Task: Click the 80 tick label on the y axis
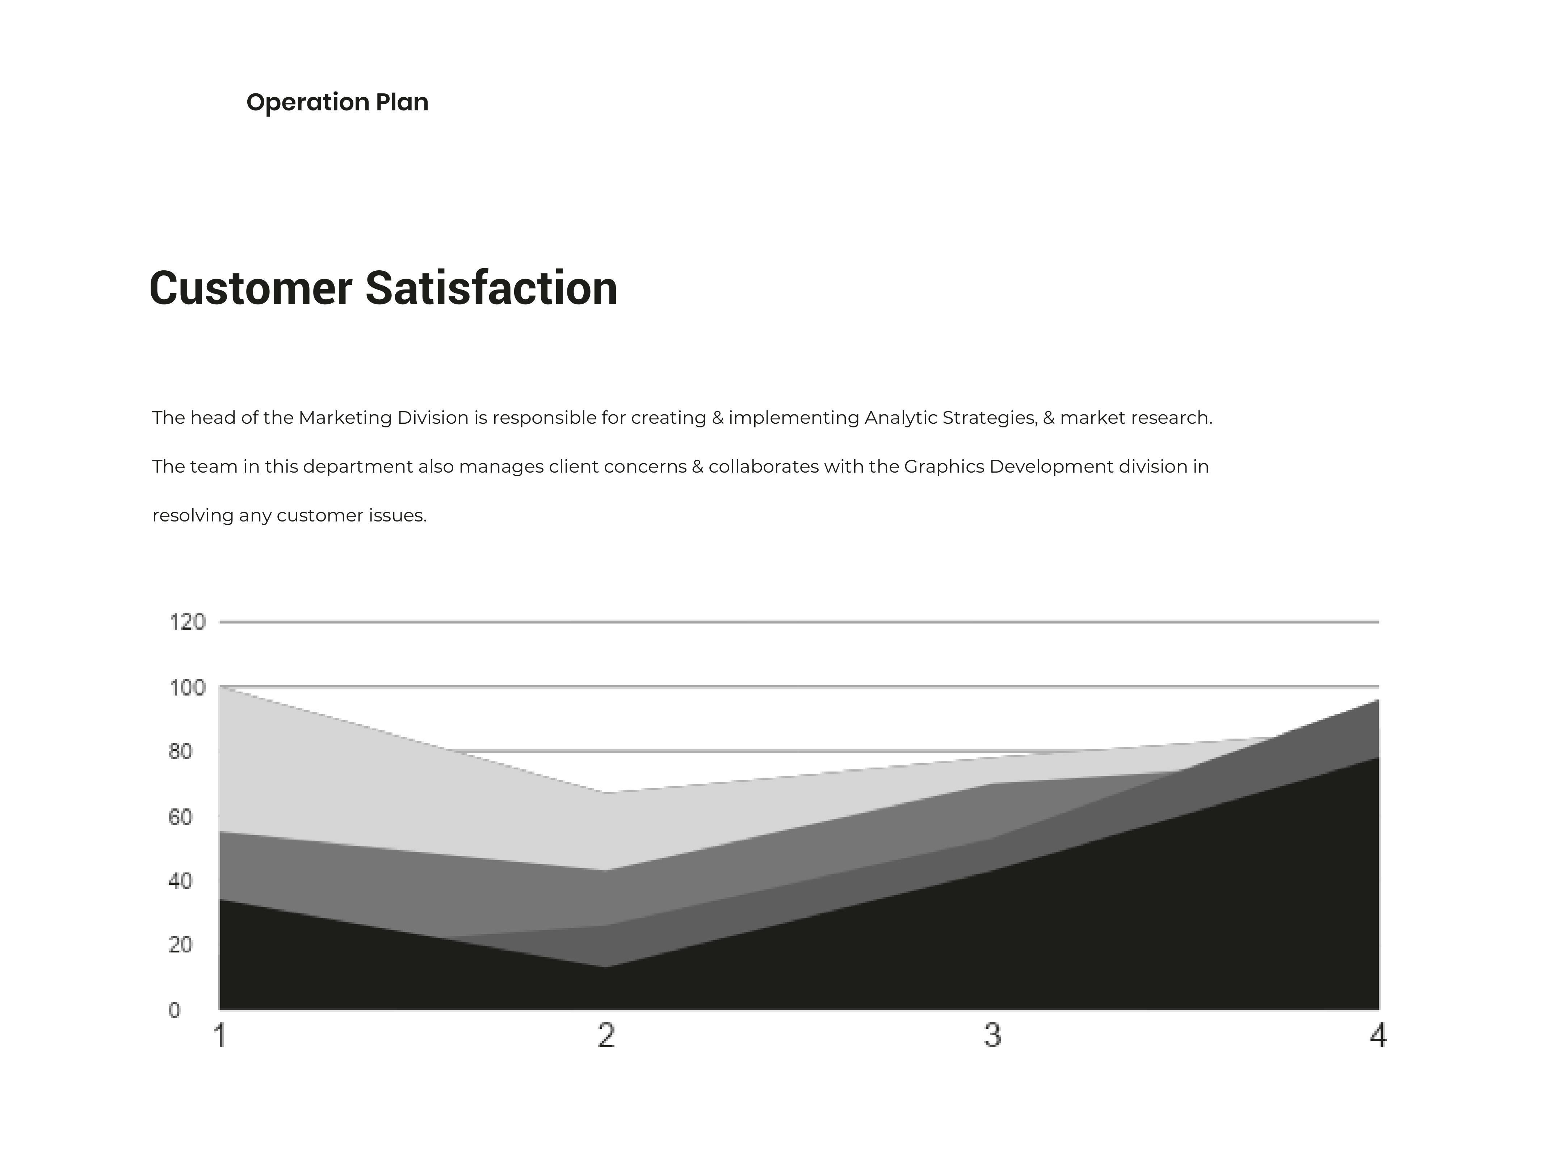180,752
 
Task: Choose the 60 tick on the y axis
180,817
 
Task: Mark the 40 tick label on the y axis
180,881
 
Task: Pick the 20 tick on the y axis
180,945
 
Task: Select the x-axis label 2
606,1036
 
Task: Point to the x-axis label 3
992,1036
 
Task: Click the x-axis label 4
1377,1036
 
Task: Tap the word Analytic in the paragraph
901,418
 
